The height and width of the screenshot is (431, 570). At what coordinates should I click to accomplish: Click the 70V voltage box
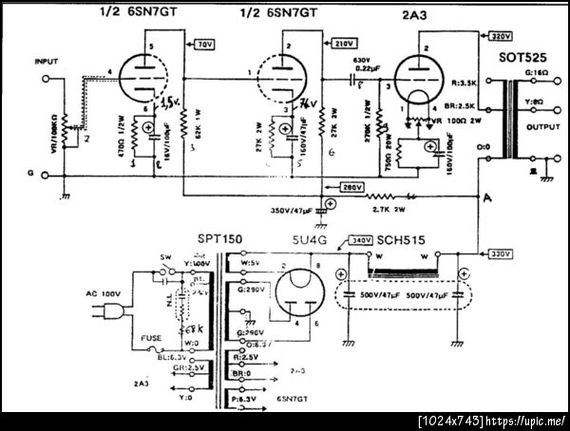205,45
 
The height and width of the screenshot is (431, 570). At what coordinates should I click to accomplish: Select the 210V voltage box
344,45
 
